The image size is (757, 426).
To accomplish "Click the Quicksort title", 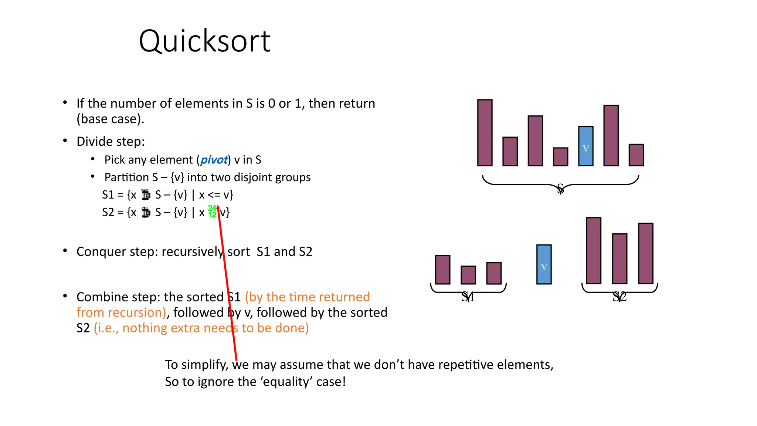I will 204,41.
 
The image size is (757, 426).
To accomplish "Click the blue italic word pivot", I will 214,160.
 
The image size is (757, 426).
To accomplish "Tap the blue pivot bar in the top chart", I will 585,146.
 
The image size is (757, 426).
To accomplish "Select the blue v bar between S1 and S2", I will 544,264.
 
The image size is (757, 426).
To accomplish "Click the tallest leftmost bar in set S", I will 485,133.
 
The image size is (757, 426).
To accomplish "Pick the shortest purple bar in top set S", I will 560,157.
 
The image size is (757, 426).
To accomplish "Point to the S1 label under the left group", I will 468,297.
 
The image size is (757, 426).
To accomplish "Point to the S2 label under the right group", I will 619,297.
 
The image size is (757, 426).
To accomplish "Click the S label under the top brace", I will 560,189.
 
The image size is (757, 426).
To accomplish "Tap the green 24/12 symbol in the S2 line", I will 212,212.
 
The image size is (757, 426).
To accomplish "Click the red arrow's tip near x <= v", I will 218,206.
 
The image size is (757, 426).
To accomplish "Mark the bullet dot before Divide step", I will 65,141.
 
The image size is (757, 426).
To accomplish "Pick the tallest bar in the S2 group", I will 593,251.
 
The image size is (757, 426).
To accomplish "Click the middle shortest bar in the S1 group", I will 468,275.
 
